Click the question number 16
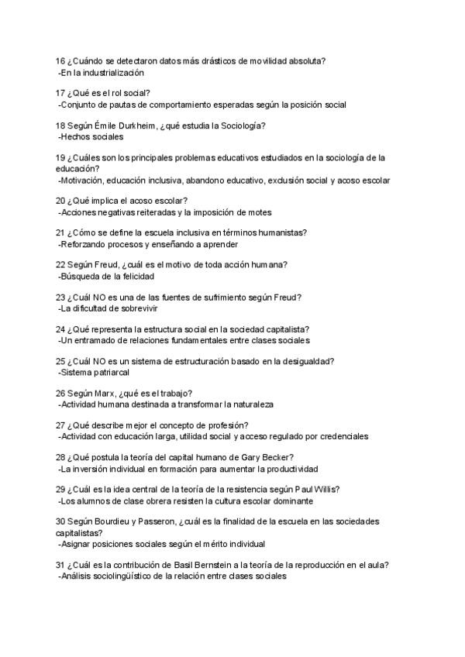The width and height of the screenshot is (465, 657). click(x=60, y=60)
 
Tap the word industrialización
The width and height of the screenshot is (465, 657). click(x=115, y=72)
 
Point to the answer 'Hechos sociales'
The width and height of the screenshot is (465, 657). click(x=91, y=136)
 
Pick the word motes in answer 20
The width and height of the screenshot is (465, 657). click(x=256, y=212)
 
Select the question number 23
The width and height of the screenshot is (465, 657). click(x=60, y=297)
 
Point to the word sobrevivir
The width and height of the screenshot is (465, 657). click(x=136, y=308)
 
